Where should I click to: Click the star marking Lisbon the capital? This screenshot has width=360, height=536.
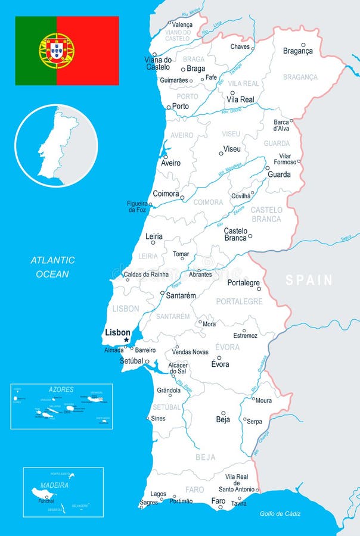[126, 340]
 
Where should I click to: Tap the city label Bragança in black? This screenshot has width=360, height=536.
[297, 51]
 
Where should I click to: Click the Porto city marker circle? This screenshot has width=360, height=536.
[169, 107]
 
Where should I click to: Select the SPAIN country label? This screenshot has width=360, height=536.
[309, 280]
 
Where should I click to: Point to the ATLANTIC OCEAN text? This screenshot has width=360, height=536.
[53, 267]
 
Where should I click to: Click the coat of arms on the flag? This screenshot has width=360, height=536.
[57, 51]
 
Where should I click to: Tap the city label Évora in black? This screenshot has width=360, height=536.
[220, 364]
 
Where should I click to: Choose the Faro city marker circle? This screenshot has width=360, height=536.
[220, 507]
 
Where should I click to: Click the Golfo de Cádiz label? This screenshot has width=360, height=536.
[280, 514]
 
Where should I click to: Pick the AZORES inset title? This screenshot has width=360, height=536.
[61, 389]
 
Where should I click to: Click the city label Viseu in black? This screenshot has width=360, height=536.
[232, 148]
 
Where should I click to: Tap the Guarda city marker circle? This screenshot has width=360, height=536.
[268, 168]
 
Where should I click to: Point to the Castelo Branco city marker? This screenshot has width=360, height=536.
[250, 236]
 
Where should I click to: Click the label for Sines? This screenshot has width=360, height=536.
[159, 419]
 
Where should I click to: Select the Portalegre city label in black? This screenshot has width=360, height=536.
[244, 283]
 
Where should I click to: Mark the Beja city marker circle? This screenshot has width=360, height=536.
[224, 412]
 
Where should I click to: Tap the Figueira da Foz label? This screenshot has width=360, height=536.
[136, 207]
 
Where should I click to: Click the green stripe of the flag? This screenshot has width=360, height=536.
[35, 51]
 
